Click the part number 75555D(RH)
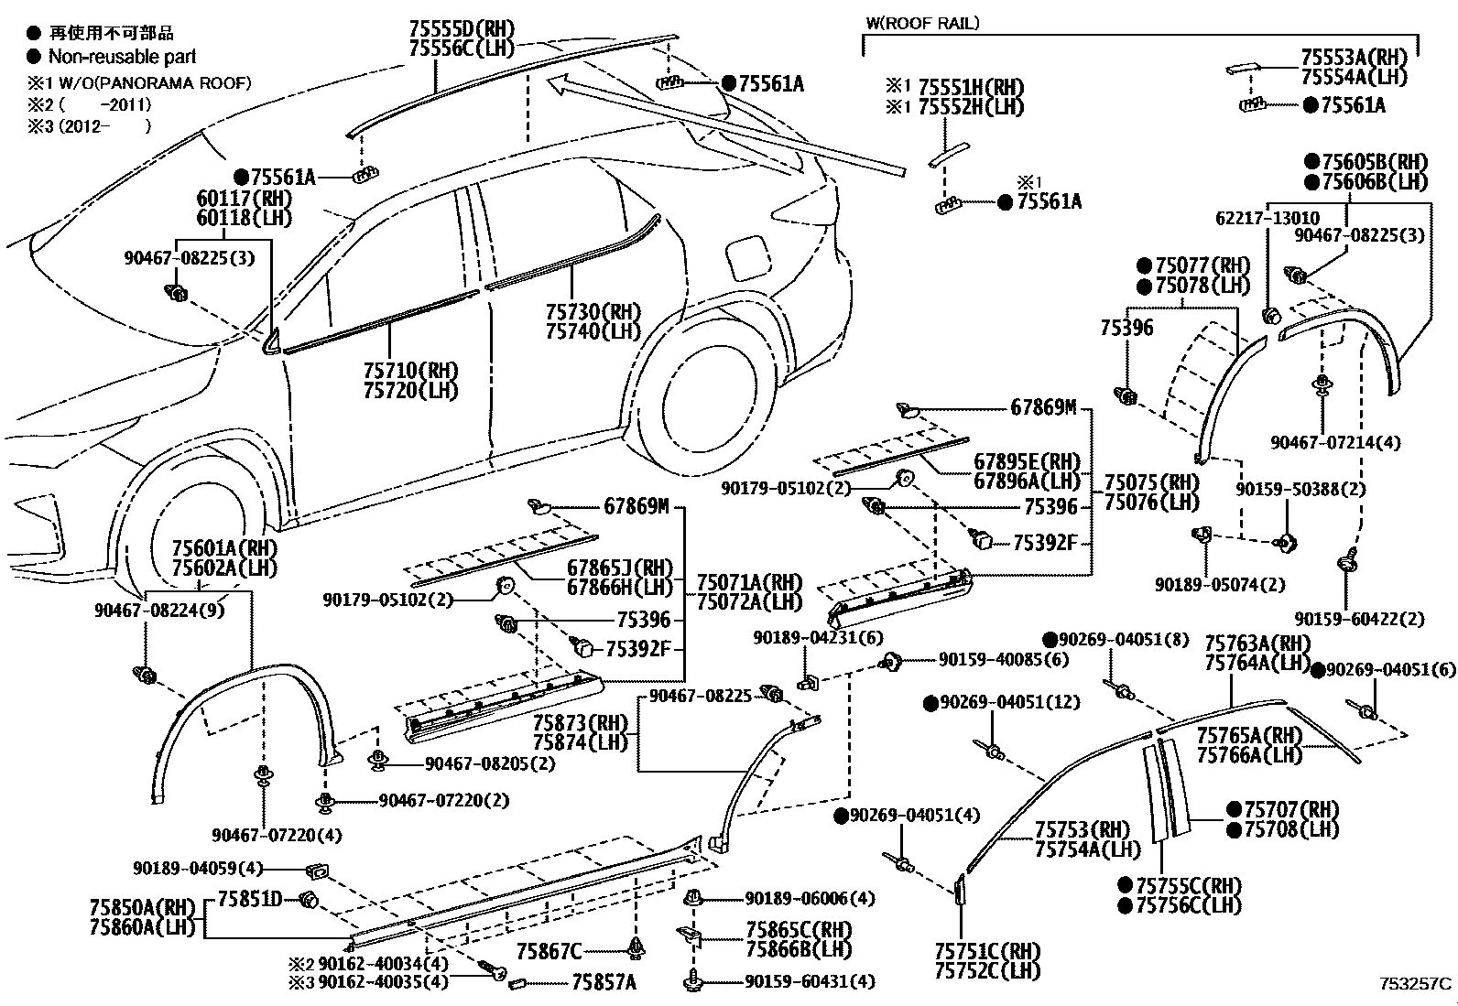462,28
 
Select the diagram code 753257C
1415,984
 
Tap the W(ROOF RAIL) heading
921,24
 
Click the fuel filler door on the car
746,257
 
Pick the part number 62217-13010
1268,218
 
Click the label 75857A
604,982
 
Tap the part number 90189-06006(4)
810,899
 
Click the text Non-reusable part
122,57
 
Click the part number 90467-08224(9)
159,610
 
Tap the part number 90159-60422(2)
1359,620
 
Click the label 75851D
249,899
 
